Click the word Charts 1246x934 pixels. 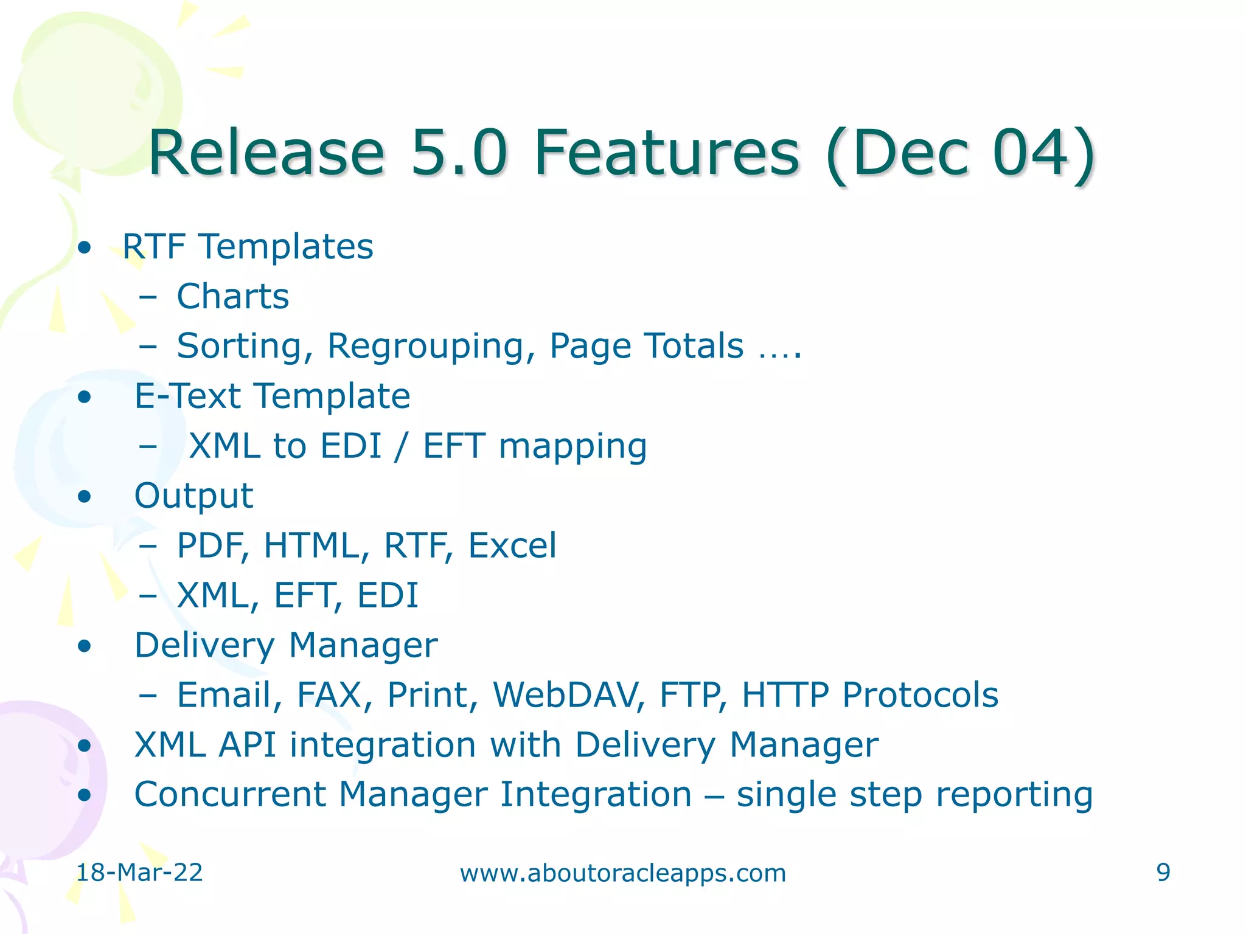232,297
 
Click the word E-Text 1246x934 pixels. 187,396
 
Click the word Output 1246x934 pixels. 193,496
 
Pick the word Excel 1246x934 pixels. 512,545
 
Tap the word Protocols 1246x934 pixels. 920,694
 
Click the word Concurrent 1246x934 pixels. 230,794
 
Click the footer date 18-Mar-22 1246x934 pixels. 139,873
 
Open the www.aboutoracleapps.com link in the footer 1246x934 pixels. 623,873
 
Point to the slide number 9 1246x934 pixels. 1163,873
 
